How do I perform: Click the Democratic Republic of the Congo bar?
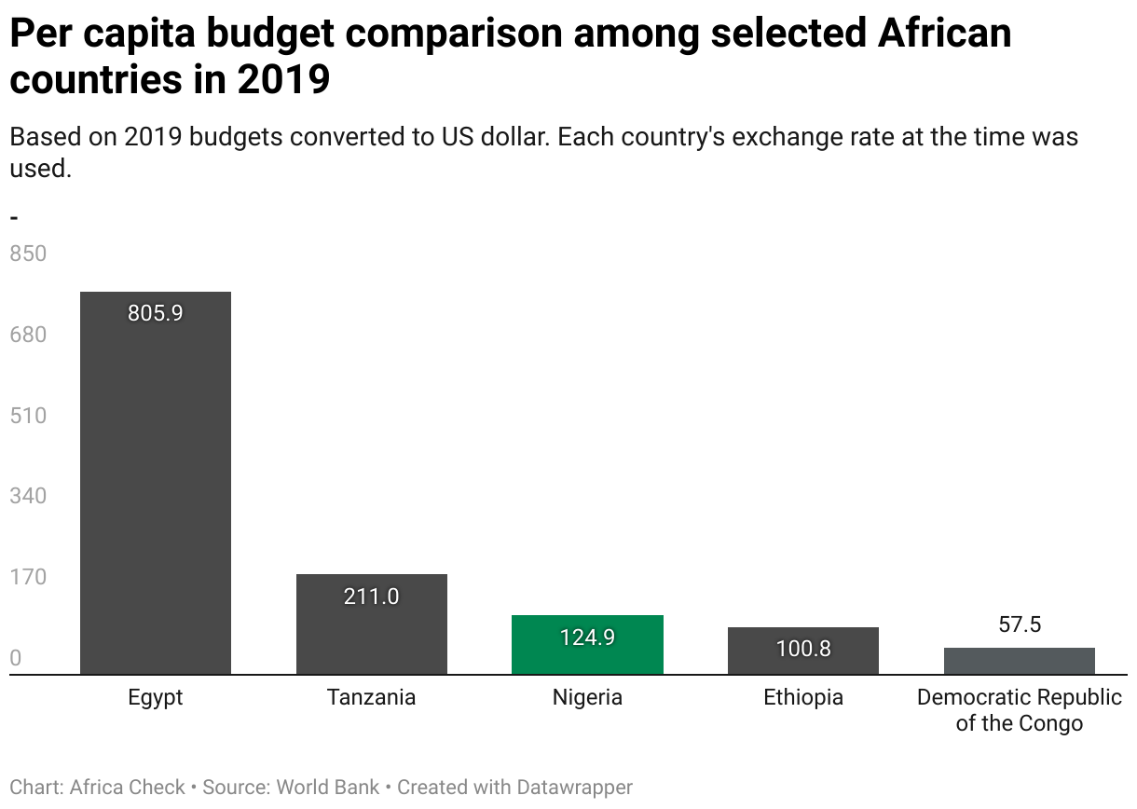tap(1020, 661)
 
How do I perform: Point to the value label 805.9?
tap(156, 313)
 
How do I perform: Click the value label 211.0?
tap(372, 596)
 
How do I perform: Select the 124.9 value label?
tap(587, 638)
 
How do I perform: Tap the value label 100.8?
tap(803, 648)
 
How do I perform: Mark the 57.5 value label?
tap(1020, 624)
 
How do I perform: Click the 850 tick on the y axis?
tap(28, 254)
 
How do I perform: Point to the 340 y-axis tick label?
tap(28, 496)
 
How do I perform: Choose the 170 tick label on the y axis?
tap(28, 577)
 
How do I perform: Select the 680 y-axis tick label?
tap(28, 335)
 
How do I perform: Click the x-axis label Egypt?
tap(156, 697)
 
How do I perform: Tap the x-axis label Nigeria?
tap(587, 697)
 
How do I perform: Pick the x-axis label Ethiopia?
tap(803, 697)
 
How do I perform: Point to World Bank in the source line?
tap(328, 787)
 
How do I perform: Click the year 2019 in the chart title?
tap(283, 80)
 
